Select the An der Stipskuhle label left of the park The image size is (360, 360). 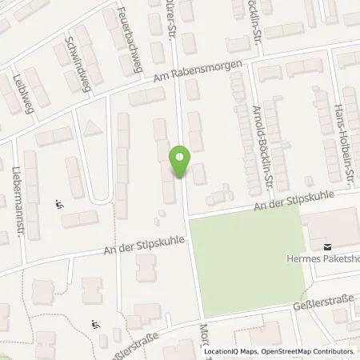pos(145,244)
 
